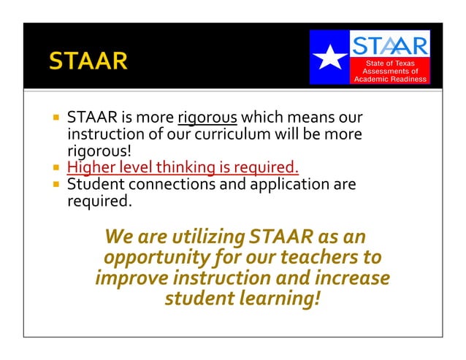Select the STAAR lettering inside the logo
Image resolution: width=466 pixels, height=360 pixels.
click(391, 45)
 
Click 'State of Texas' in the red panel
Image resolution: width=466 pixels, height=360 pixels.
click(391, 64)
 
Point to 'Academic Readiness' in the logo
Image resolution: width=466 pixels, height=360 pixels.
click(391, 80)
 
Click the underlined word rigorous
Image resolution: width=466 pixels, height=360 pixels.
click(207, 118)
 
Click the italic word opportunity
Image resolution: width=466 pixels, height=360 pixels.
click(149, 258)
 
